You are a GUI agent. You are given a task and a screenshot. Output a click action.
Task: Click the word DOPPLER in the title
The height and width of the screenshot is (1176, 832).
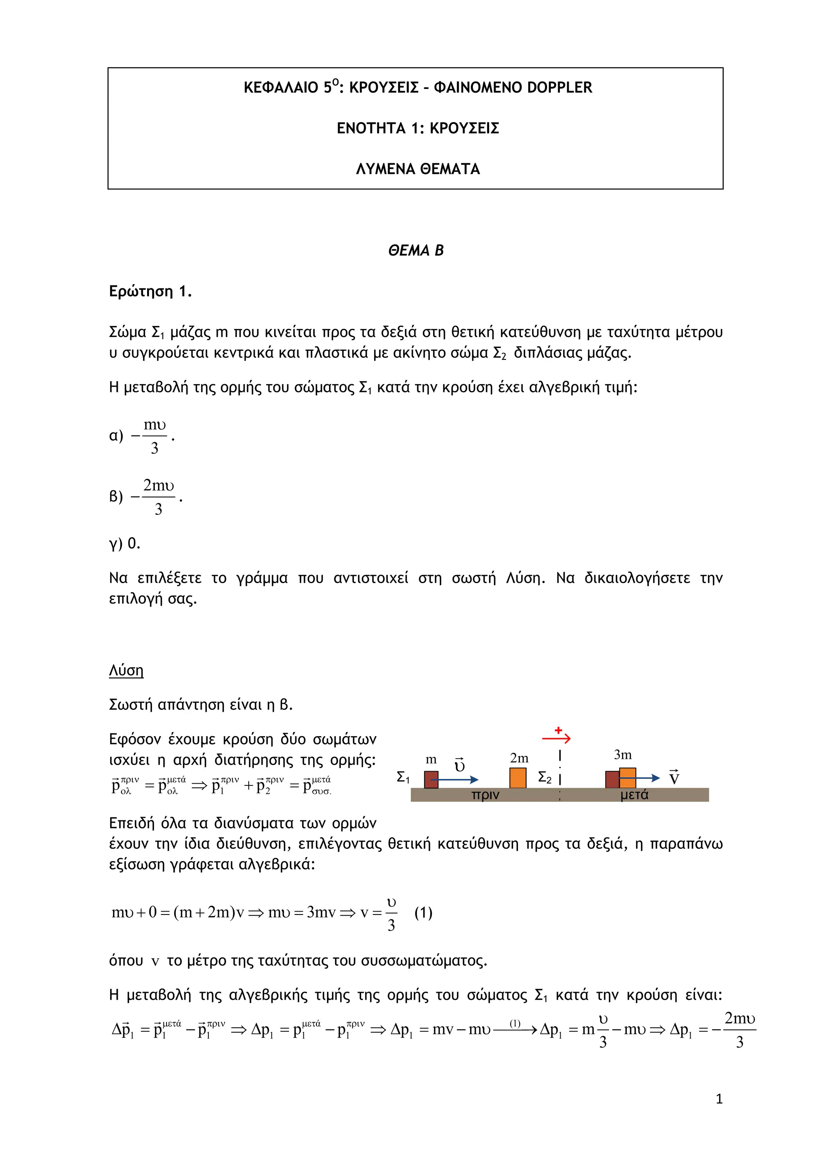click(x=559, y=88)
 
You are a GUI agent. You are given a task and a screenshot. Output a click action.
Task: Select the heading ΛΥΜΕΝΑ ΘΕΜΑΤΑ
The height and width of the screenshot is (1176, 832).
click(x=418, y=169)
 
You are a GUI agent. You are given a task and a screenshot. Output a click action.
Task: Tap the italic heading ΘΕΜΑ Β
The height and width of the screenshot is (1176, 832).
click(x=416, y=251)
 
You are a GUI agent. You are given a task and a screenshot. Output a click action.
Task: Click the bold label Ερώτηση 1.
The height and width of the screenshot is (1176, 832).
click(x=150, y=292)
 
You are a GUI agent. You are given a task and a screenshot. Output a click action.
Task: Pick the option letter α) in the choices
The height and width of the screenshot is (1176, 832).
click(x=116, y=436)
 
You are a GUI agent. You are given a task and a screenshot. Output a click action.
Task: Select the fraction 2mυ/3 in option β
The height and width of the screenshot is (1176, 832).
click(x=158, y=496)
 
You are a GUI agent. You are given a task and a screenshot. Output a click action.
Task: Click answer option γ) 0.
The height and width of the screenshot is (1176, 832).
click(x=124, y=543)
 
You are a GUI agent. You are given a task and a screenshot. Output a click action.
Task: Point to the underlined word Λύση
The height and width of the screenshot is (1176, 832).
click(x=126, y=670)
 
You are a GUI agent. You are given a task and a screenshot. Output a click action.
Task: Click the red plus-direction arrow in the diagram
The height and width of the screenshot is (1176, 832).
click(x=557, y=738)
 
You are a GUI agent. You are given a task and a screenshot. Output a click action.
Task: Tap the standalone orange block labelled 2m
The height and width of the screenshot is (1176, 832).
click(x=518, y=778)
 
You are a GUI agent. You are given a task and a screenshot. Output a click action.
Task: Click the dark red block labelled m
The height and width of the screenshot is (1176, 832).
click(x=431, y=779)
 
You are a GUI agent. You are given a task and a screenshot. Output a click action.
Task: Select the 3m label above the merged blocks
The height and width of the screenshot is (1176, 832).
click(x=622, y=754)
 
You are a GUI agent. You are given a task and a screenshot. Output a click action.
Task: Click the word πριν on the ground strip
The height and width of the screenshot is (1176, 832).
click(x=485, y=795)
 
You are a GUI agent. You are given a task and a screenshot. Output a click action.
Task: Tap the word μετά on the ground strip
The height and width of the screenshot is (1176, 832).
click(x=634, y=795)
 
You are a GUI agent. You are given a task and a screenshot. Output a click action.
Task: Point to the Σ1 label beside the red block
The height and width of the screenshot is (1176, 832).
click(x=403, y=778)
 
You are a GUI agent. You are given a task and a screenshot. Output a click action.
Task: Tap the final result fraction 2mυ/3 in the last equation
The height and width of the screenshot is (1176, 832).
click(x=739, y=1029)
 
